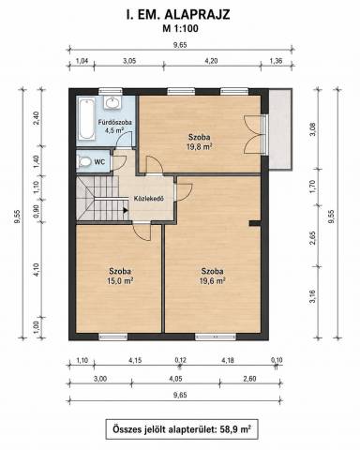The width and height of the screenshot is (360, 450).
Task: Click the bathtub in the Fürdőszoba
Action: point(86,119)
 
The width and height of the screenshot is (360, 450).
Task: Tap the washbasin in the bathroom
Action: point(112,102)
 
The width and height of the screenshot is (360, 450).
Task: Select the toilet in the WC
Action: point(83,162)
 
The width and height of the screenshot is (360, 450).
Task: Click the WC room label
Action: point(99,162)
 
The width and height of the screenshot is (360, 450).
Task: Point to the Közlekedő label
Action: point(149,199)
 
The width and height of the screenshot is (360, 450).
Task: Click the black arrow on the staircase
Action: point(126,210)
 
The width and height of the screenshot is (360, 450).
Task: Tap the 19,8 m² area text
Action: point(199,147)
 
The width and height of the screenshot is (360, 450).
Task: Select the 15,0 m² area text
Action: point(120,281)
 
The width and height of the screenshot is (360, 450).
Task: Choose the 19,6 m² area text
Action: point(212,281)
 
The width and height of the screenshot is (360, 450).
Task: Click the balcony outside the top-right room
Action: point(280,129)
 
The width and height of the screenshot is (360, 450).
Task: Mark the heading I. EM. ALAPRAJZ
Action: point(178,15)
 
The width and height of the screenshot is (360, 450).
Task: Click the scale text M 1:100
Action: point(180,29)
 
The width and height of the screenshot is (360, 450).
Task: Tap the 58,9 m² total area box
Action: point(182,429)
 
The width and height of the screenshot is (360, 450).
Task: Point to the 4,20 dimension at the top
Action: point(211,61)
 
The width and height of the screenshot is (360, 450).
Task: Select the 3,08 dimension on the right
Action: point(315,129)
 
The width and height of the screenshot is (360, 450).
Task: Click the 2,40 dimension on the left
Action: point(37,118)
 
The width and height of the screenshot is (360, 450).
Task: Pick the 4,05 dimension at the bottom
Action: point(175,379)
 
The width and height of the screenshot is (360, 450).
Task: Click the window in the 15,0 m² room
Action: point(113,337)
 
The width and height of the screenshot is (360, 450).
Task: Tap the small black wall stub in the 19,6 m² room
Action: point(255,223)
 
